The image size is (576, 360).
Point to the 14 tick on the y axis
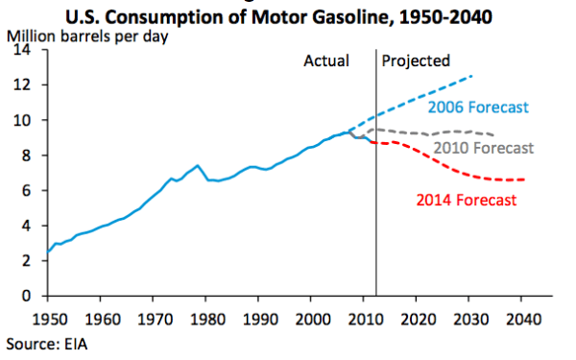tap(30, 50)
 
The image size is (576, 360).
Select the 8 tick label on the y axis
tap(33, 156)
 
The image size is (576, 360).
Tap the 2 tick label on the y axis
tap(33, 260)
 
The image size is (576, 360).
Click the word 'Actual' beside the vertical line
tap(326, 60)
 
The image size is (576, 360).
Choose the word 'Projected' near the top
tap(416, 60)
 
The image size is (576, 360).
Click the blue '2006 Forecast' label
tap(481, 107)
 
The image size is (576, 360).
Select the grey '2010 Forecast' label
tap(482, 148)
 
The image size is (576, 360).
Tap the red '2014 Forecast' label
tap(467, 200)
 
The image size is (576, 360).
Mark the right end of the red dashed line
tap(525, 180)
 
